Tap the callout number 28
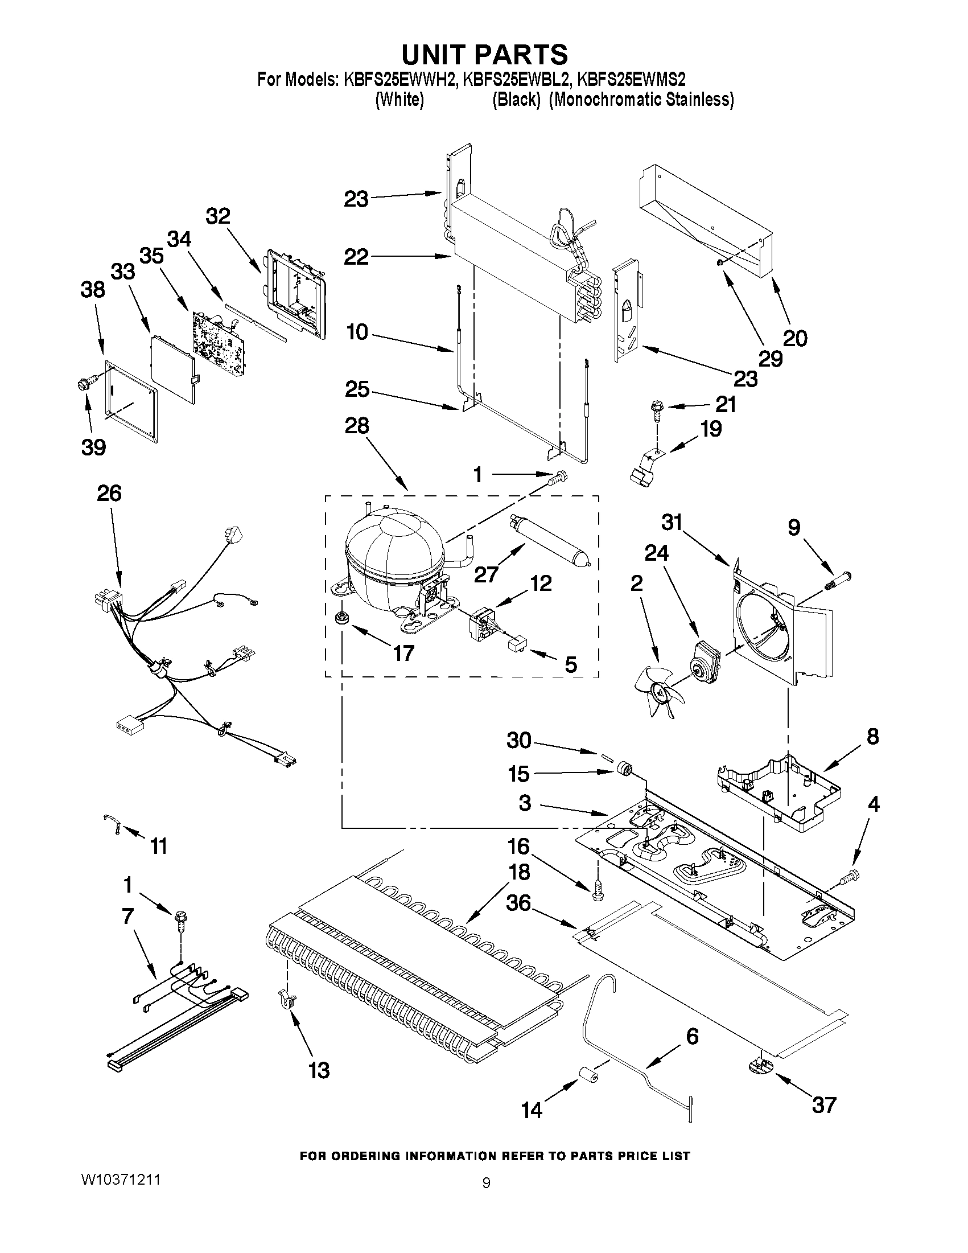[x=356, y=426]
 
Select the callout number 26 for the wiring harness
[x=109, y=494]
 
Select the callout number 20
[x=794, y=339]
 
